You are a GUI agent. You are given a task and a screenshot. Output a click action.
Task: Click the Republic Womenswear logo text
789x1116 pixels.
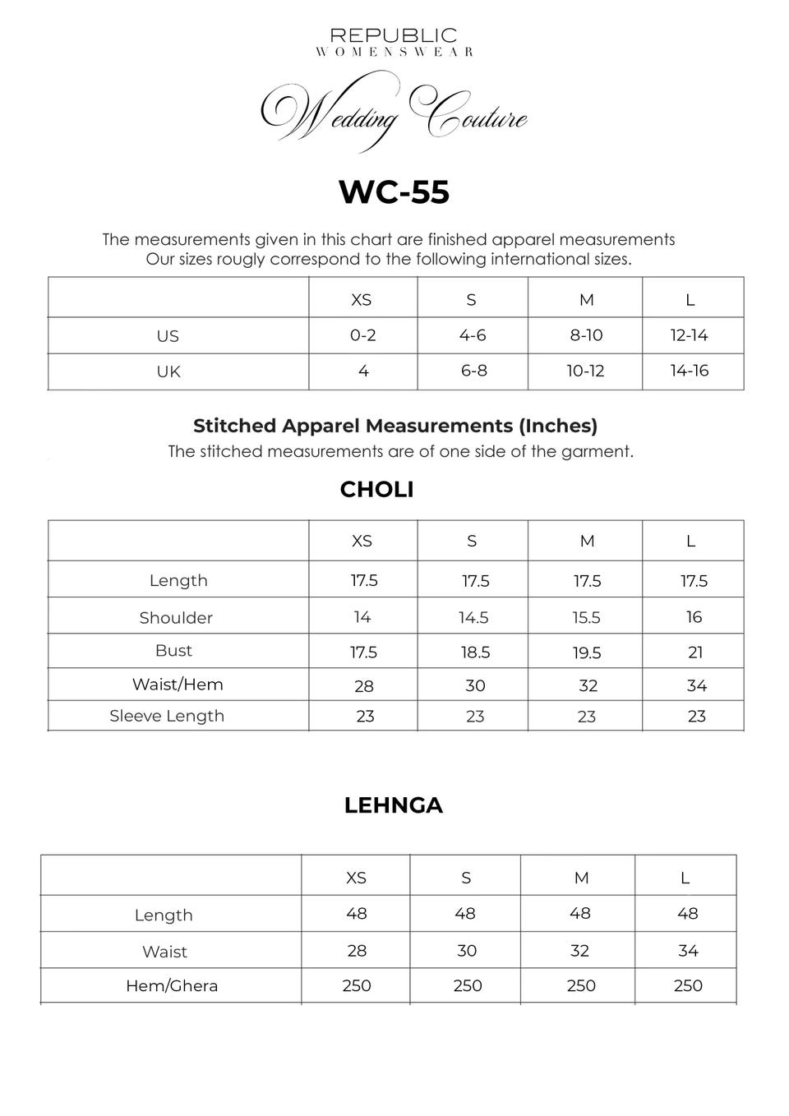pos(394,41)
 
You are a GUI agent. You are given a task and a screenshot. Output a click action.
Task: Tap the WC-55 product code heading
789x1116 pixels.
pos(394,191)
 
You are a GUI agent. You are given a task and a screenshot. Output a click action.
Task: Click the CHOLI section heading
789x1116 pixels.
pos(376,489)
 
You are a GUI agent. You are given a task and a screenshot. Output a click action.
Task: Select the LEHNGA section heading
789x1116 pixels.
pos(393,805)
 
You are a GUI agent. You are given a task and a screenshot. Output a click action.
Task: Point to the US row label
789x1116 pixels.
pos(168,336)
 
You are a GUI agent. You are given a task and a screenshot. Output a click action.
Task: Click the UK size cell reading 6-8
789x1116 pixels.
pos(474,371)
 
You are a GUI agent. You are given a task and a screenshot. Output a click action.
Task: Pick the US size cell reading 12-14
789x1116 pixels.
pos(689,335)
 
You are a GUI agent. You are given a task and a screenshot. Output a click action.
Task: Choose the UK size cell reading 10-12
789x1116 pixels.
pos(585,371)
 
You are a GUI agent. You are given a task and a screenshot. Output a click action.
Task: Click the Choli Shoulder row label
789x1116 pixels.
pos(176,618)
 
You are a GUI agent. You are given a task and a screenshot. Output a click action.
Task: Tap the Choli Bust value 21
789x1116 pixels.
pos(695,653)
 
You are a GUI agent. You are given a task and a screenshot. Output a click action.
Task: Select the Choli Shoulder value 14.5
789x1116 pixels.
pos(474,617)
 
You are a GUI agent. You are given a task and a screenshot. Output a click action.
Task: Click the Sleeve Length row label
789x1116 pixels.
pos(167,716)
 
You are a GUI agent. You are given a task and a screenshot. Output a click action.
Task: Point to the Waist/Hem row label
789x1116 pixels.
pos(178,685)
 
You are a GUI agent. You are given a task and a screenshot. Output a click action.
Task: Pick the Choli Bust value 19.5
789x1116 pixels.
pos(587,653)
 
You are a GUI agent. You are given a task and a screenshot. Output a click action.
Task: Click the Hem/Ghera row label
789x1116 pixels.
pos(172,986)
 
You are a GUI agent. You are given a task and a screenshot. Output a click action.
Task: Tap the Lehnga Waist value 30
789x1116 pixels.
pos(467,951)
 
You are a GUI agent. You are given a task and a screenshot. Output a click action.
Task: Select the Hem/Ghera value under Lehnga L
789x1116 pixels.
pos(688,986)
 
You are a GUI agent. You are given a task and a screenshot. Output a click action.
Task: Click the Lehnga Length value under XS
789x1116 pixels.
pos(357,914)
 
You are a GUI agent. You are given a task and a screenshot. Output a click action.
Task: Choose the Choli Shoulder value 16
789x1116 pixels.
pos(694,617)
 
